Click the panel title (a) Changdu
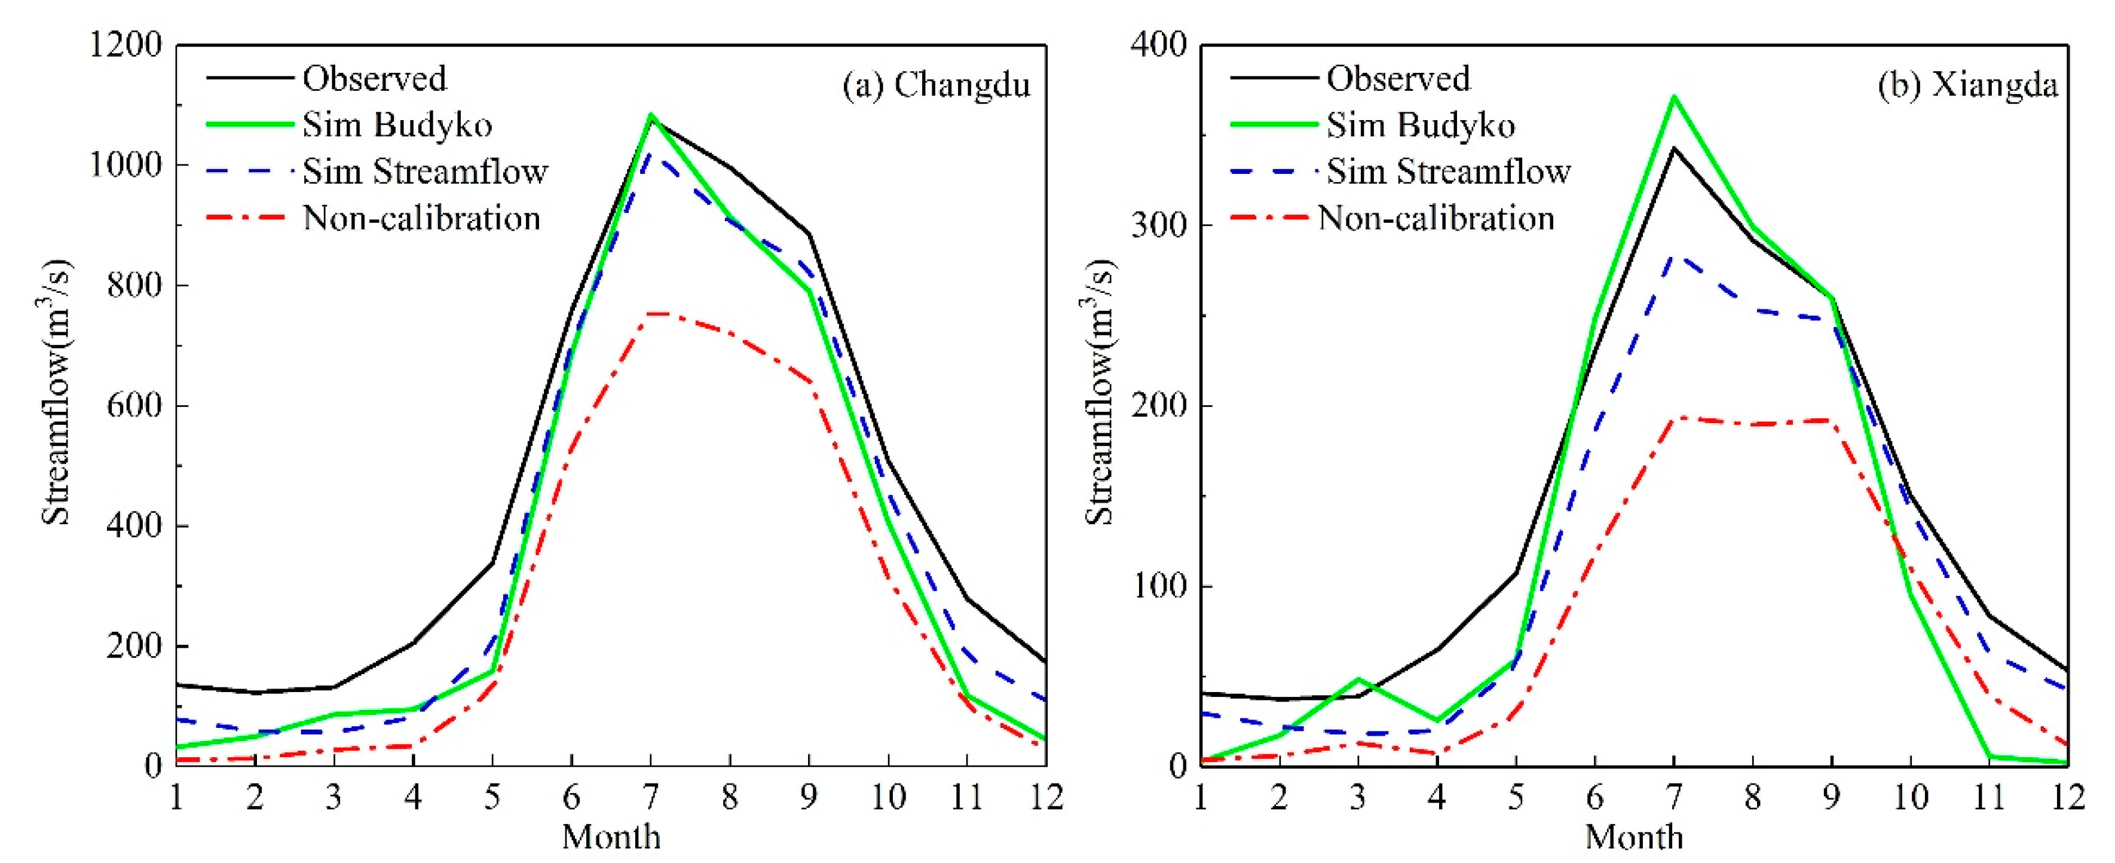(936, 85)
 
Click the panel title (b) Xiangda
(1968, 85)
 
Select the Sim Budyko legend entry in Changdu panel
(397, 125)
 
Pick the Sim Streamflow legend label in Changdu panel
(424, 172)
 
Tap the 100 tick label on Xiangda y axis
(1158, 586)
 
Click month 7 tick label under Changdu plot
(650, 797)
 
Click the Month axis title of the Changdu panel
(611, 837)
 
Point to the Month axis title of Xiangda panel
(1634, 837)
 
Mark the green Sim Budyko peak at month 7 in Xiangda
(1673, 97)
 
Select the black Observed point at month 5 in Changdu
(492, 562)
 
